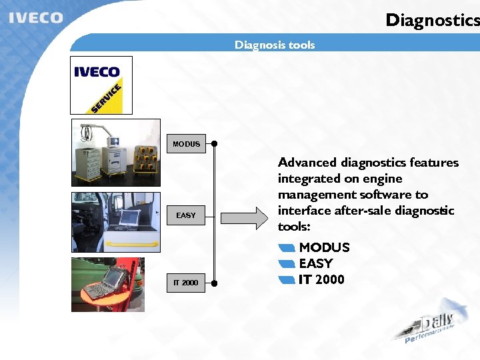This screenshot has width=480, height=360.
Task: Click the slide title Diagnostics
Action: tap(432, 20)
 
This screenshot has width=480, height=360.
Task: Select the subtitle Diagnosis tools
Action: tap(274, 45)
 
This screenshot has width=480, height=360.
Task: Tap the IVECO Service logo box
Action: tap(101, 85)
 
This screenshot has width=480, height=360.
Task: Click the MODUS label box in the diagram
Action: tap(186, 143)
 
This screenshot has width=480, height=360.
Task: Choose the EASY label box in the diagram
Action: tap(186, 215)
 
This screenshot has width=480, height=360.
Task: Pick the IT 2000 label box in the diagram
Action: tap(186, 283)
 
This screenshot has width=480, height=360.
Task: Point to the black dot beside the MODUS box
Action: tap(214, 143)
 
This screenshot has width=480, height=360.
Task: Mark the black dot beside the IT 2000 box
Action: tap(214, 283)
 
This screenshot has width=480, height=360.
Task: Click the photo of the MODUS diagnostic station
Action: tap(116, 153)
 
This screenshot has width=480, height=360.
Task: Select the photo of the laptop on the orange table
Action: tap(116, 285)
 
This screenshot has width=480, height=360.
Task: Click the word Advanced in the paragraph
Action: tap(307, 163)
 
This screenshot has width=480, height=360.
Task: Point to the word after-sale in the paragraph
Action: tap(359, 211)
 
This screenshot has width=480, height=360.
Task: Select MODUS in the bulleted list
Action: tap(324, 247)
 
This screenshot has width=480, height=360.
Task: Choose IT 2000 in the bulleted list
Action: tap(321, 279)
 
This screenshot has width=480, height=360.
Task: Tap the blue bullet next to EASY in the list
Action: tap(287, 264)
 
